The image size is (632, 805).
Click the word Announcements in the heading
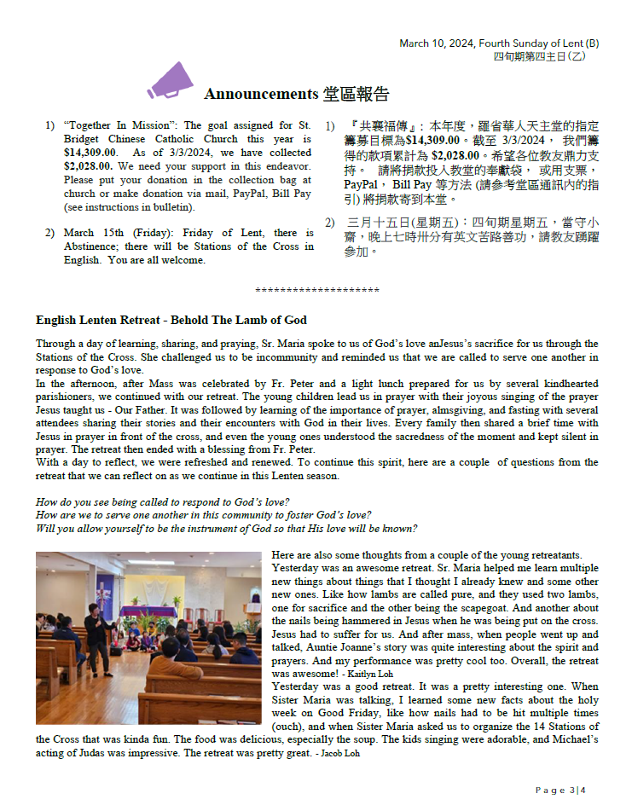pyautogui.click(x=260, y=94)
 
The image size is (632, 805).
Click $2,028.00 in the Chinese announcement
pyautogui.click(x=459, y=156)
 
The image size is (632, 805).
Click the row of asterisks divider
pyautogui.click(x=316, y=291)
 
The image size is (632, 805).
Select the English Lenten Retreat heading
pyautogui.click(x=171, y=320)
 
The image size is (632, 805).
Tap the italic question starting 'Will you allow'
pyautogui.click(x=226, y=528)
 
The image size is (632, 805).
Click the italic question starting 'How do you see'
pyautogui.click(x=163, y=501)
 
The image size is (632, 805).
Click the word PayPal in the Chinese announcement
pyautogui.click(x=362, y=183)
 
